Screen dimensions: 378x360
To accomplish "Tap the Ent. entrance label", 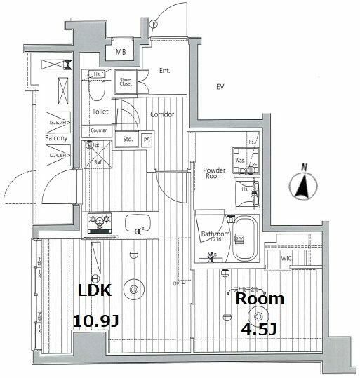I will click(x=165, y=72).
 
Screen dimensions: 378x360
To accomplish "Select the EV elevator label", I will click(x=220, y=87).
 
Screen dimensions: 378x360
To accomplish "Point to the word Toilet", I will click(x=99, y=111).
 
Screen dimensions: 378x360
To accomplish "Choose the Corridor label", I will click(x=162, y=114).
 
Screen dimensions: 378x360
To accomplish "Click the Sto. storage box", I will click(x=128, y=139).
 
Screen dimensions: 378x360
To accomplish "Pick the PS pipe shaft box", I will click(x=147, y=139).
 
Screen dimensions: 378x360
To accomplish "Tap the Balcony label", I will click(x=56, y=138).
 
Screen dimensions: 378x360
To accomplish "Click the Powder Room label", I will click(x=213, y=173).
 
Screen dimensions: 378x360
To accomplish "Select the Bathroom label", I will click(x=215, y=234).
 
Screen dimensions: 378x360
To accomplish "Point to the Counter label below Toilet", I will click(x=99, y=130).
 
